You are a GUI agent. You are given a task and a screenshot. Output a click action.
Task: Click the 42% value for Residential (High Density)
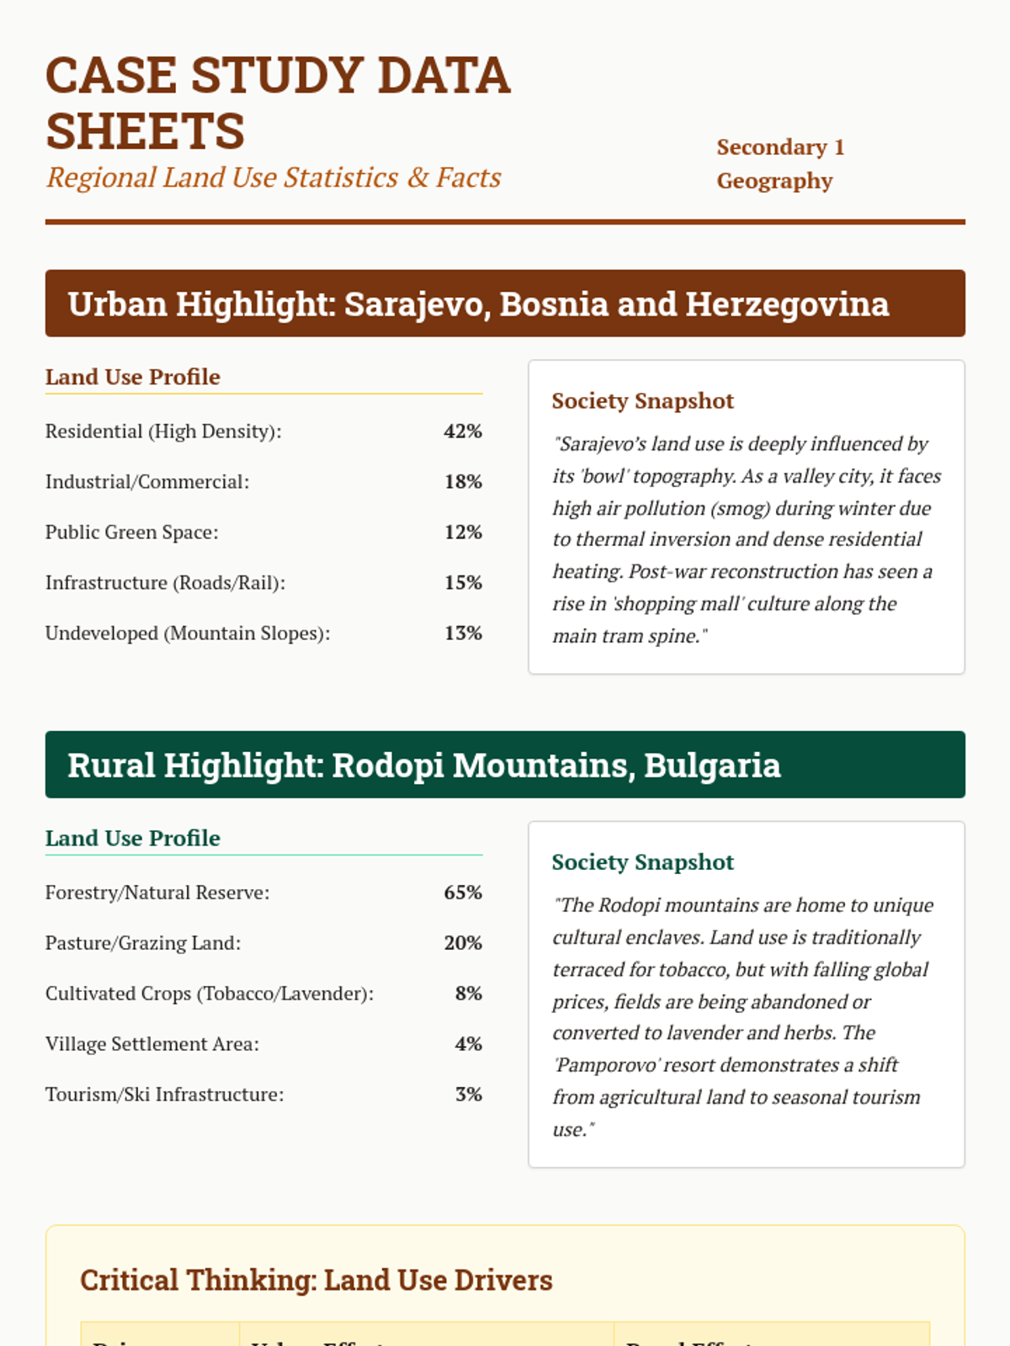click(x=463, y=432)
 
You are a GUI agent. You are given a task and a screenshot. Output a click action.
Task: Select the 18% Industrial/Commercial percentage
click(x=463, y=482)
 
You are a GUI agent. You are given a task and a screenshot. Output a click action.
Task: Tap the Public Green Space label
click(x=131, y=533)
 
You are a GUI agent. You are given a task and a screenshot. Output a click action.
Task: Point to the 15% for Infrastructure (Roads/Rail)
click(x=463, y=583)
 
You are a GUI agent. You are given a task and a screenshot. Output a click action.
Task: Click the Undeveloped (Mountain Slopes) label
click(x=187, y=633)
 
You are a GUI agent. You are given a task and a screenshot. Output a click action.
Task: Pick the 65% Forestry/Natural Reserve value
click(x=463, y=893)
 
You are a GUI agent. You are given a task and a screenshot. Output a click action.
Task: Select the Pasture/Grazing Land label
click(x=142, y=943)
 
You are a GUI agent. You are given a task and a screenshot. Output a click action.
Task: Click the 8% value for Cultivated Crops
click(x=468, y=994)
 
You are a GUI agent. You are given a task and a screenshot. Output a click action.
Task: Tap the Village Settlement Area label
click(x=151, y=1044)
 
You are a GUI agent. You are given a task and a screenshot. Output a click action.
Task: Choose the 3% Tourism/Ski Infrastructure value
click(x=468, y=1094)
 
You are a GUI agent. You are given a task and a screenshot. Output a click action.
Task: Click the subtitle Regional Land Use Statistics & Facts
click(x=274, y=178)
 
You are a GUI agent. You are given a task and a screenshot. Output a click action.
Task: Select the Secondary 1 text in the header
click(x=780, y=147)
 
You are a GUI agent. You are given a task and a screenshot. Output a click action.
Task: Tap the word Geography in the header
click(x=774, y=181)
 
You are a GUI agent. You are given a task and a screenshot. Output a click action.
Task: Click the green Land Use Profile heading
click(x=132, y=838)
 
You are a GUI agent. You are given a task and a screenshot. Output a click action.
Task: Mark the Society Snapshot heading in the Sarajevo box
click(x=642, y=400)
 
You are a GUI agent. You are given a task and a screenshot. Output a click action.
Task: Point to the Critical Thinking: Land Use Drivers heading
click(x=316, y=1280)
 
